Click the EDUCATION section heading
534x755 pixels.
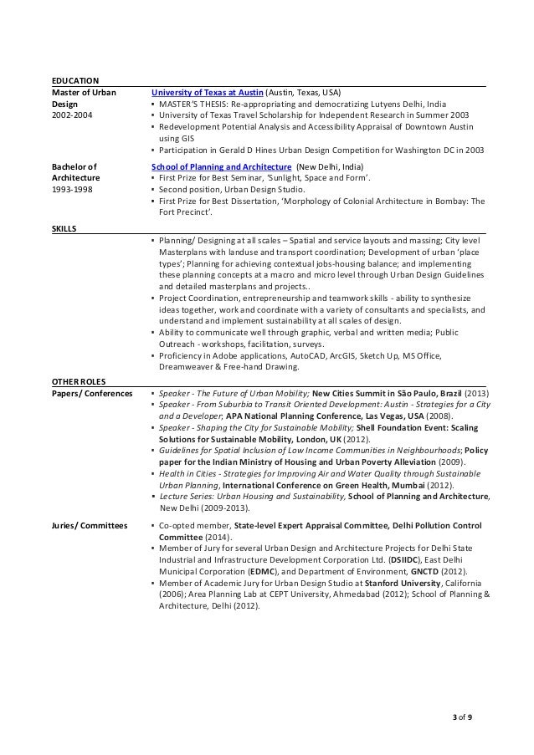click(75, 79)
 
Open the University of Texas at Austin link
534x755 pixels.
click(207, 92)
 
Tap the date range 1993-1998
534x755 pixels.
click(73, 190)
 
